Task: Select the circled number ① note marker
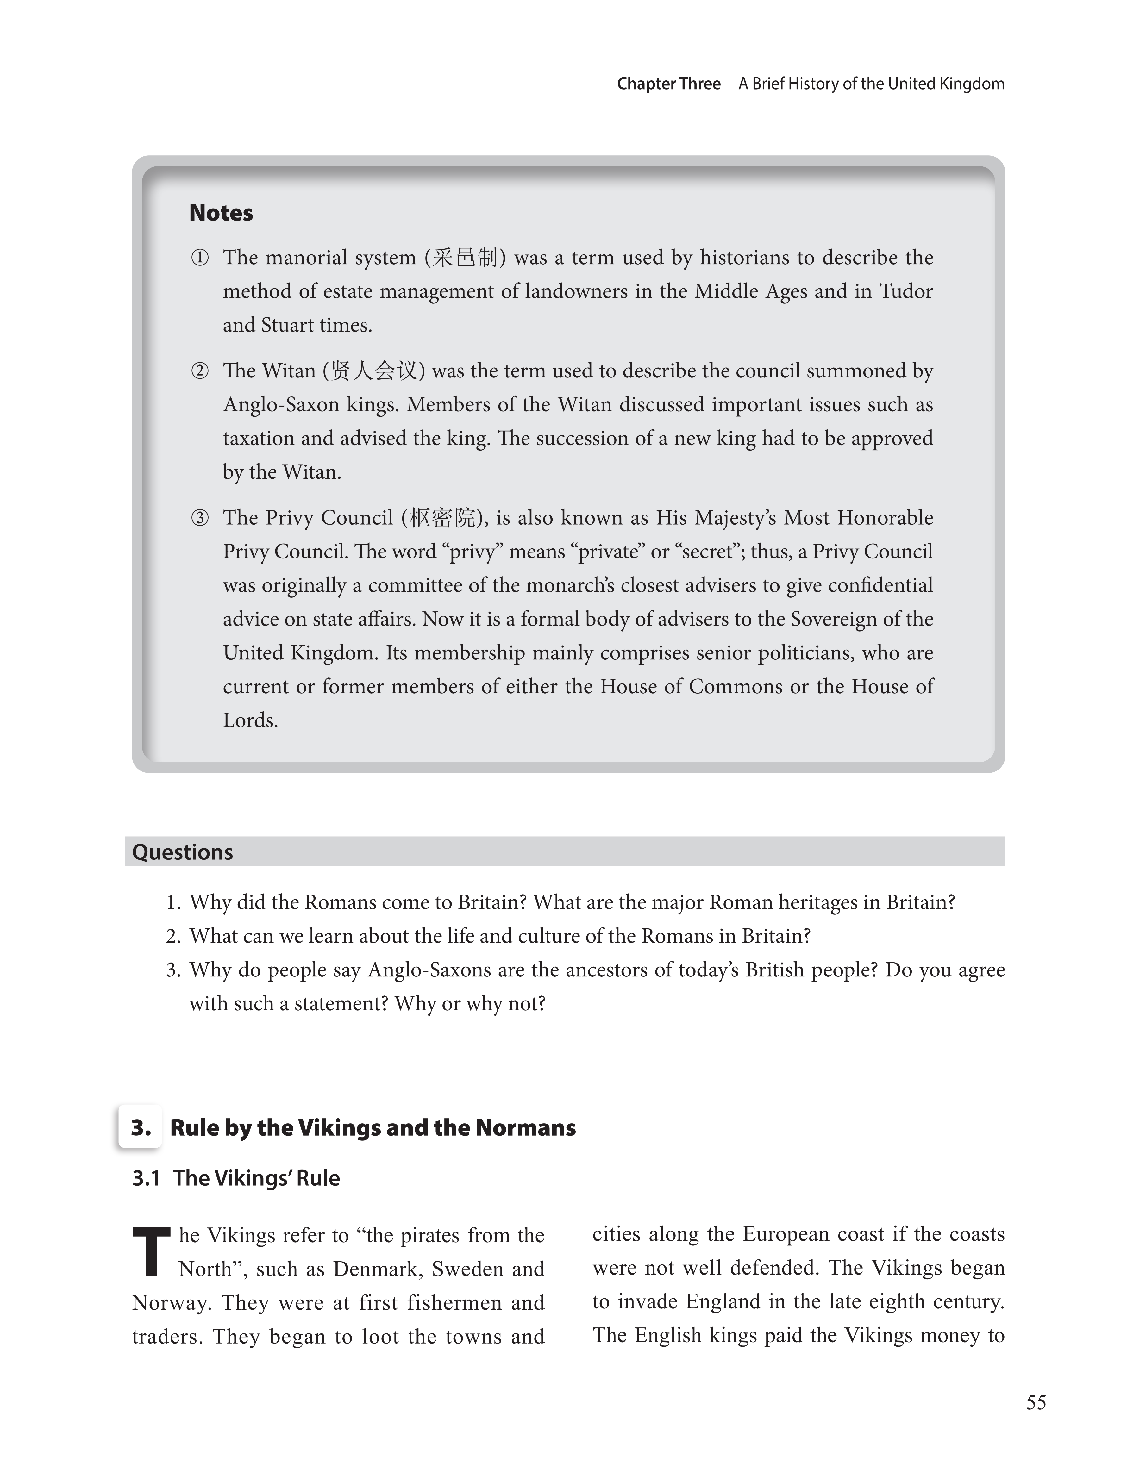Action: coord(200,258)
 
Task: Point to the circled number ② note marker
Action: coord(200,371)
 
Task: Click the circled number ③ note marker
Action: coord(200,518)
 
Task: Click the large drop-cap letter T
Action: coord(152,1251)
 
